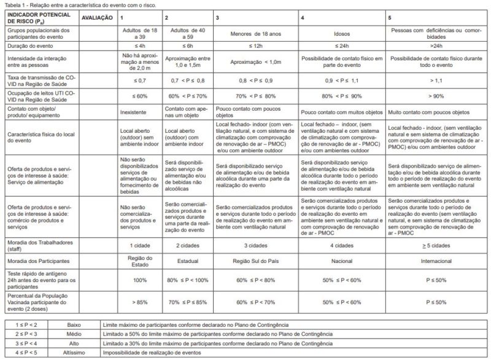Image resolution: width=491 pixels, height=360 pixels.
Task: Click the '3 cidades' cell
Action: [x=256, y=245]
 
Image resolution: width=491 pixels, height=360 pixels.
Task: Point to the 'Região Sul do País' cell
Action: [x=256, y=260]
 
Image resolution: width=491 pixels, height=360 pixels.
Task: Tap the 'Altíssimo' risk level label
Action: [x=74, y=353]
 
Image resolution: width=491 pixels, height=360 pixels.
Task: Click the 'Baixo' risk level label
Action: [x=74, y=324]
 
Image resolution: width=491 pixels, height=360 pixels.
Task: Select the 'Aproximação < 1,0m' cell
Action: [x=256, y=63]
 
